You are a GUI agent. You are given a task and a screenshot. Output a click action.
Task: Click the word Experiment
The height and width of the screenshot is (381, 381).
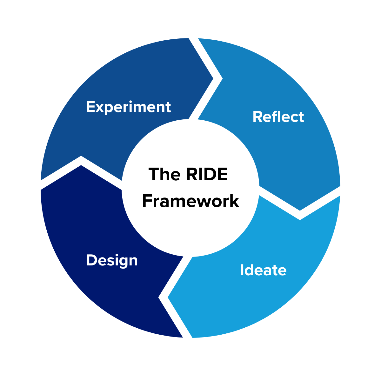(128, 107)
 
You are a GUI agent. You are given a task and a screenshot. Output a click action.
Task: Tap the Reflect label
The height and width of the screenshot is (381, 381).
(278, 117)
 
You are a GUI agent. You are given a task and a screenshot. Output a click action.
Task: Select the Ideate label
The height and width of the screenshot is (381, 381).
(263, 270)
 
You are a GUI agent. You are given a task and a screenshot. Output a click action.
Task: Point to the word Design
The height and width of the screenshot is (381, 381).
(112, 261)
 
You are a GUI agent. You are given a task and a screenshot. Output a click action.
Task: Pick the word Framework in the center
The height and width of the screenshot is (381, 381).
(190, 201)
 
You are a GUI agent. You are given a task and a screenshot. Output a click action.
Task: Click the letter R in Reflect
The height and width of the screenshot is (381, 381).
(257, 117)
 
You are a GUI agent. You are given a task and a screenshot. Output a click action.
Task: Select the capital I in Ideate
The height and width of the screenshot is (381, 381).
(242, 270)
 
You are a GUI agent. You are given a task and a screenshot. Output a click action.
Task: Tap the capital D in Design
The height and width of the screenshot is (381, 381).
(91, 261)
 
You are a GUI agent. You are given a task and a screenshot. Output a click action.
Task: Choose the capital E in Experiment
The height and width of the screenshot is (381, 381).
(90, 107)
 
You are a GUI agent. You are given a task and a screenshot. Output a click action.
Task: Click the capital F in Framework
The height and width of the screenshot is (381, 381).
(147, 201)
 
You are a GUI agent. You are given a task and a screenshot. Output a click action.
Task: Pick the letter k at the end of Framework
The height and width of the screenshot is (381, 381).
(234, 201)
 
